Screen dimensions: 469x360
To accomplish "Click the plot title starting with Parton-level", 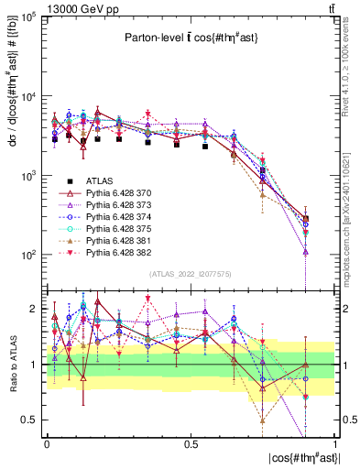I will pyautogui.click(x=190, y=38).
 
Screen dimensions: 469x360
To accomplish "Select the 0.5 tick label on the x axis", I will pyautogui.click(x=191, y=443).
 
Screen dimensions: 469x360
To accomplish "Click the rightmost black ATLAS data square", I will pyautogui.click(x=305, y=218).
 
